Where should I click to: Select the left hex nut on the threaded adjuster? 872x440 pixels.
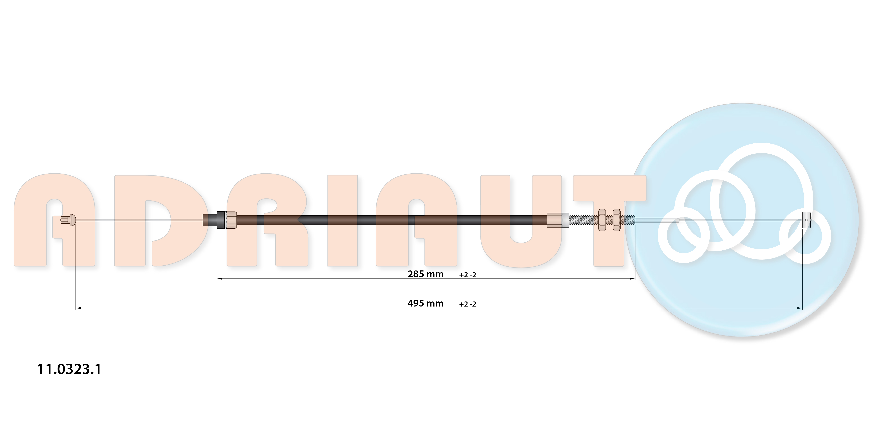tap(602, 220)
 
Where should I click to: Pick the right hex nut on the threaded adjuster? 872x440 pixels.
tap(617, 220)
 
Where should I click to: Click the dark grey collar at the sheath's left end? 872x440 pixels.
tap(221, 220)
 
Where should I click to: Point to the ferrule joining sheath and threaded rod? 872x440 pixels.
tap(558, 220)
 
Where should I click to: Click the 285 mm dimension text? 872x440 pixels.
tap(426, 274)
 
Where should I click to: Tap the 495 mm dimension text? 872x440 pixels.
tap(426, 303)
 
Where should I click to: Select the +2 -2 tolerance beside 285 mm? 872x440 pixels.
tap(468, 275)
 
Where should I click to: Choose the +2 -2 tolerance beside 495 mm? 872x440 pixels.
tap(468, 304)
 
